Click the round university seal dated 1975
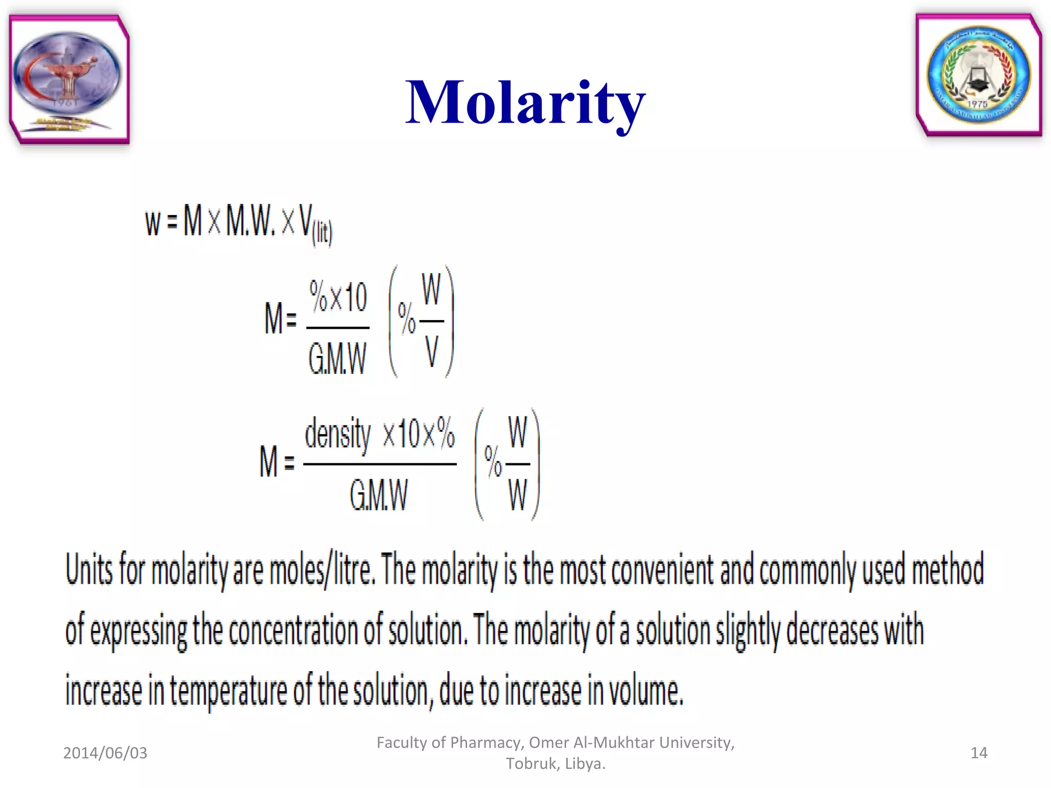979,75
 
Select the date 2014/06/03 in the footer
105,753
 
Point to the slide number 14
979,753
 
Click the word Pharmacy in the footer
484,742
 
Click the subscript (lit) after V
322,233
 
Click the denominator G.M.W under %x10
337,359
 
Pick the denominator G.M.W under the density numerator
379,496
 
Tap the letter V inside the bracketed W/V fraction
432,352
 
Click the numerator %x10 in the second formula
338,297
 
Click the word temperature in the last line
228,691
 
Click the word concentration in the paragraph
293,631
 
